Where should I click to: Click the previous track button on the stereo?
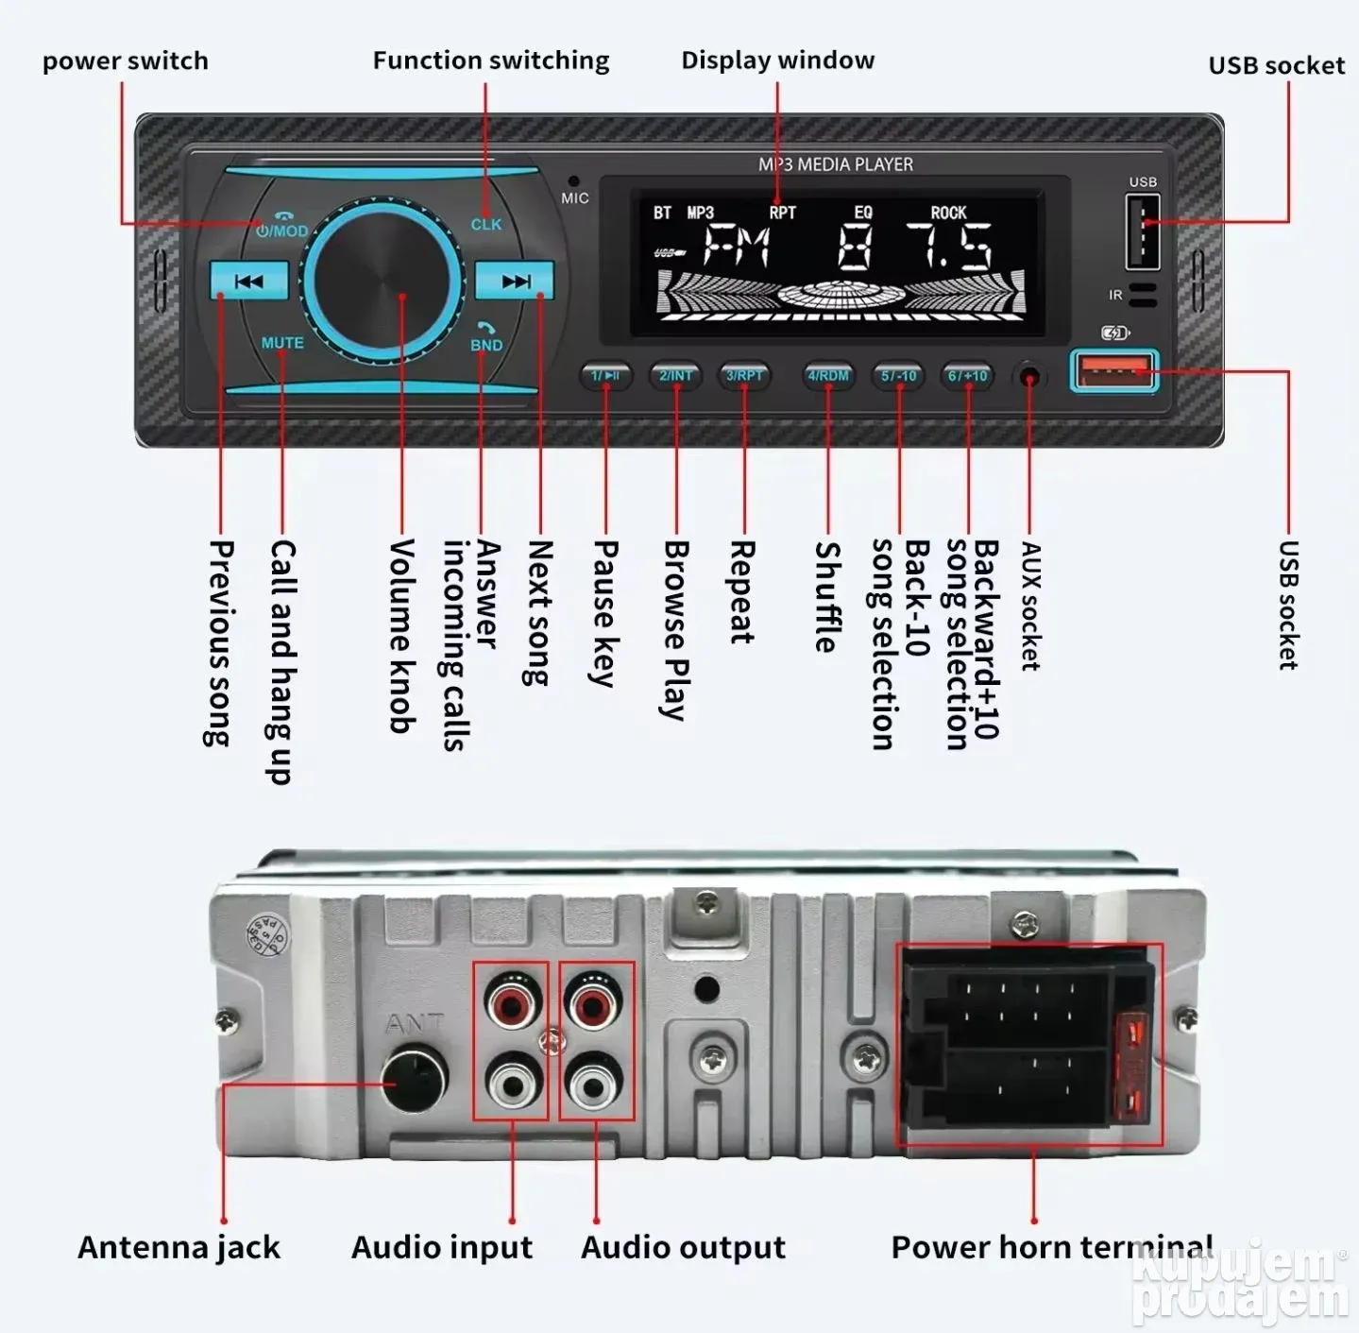[248, 281]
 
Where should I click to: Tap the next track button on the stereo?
[515, 281]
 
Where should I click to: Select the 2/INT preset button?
[676, 375]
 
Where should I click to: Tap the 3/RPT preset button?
[744, 375]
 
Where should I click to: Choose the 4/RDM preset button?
[828, 375]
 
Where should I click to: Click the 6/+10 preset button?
[968, 375]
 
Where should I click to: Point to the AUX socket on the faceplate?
[1029, 378]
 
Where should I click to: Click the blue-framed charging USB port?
[1113, 369]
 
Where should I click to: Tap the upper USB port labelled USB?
[1143, 231]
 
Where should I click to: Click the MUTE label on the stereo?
[282, 343]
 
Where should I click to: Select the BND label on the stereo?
[486, 345]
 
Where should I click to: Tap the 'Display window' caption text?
[778, 60]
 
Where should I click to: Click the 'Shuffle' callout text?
[827, 596]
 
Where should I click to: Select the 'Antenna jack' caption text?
[179, 1247]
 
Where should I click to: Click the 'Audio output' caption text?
[683, 1247]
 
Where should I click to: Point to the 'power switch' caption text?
[126, 61]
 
